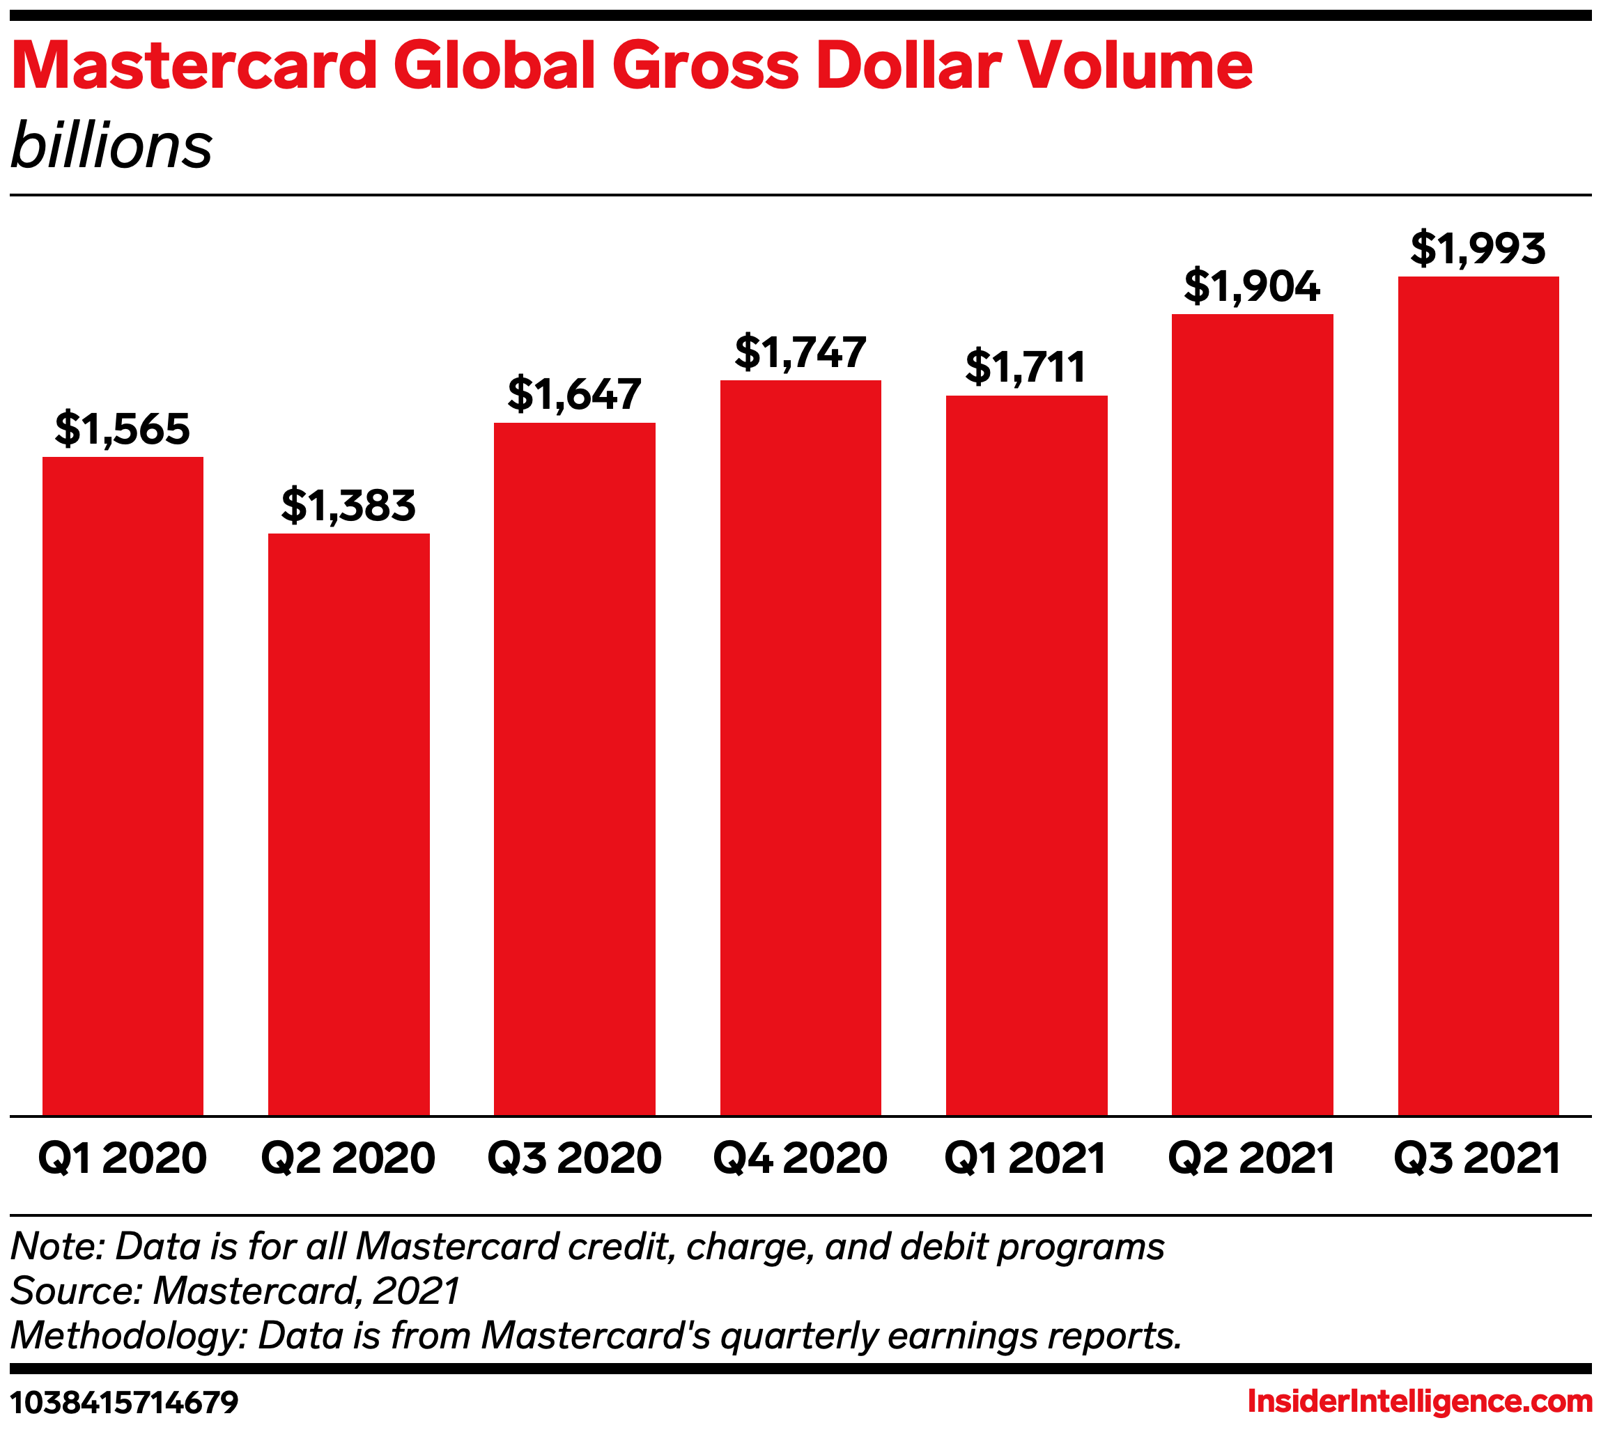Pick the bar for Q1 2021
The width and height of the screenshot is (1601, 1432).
[1026, 754]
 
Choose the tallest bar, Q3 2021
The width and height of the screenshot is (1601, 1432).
[1478, 696]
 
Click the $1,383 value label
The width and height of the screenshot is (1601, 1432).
[348, 505]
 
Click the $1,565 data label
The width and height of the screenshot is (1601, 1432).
[123, 429]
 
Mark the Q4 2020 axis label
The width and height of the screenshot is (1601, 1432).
[800, 1158]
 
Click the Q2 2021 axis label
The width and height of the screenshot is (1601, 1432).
[1251, 1158]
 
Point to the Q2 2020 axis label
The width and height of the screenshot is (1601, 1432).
[348, 1158]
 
